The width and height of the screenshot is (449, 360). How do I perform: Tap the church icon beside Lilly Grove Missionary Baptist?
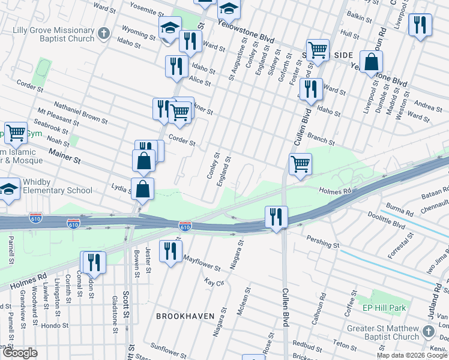(104, 34)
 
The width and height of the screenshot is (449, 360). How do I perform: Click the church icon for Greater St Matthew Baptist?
(428, 332)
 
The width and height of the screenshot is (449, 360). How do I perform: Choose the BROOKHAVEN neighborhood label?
(180, 315)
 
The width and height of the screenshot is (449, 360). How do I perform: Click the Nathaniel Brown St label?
(80, 113)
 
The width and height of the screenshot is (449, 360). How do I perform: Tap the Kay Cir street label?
(214, 281)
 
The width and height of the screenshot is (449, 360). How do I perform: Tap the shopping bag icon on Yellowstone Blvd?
(372, 62)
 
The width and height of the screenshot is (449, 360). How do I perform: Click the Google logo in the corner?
(19, 353)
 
